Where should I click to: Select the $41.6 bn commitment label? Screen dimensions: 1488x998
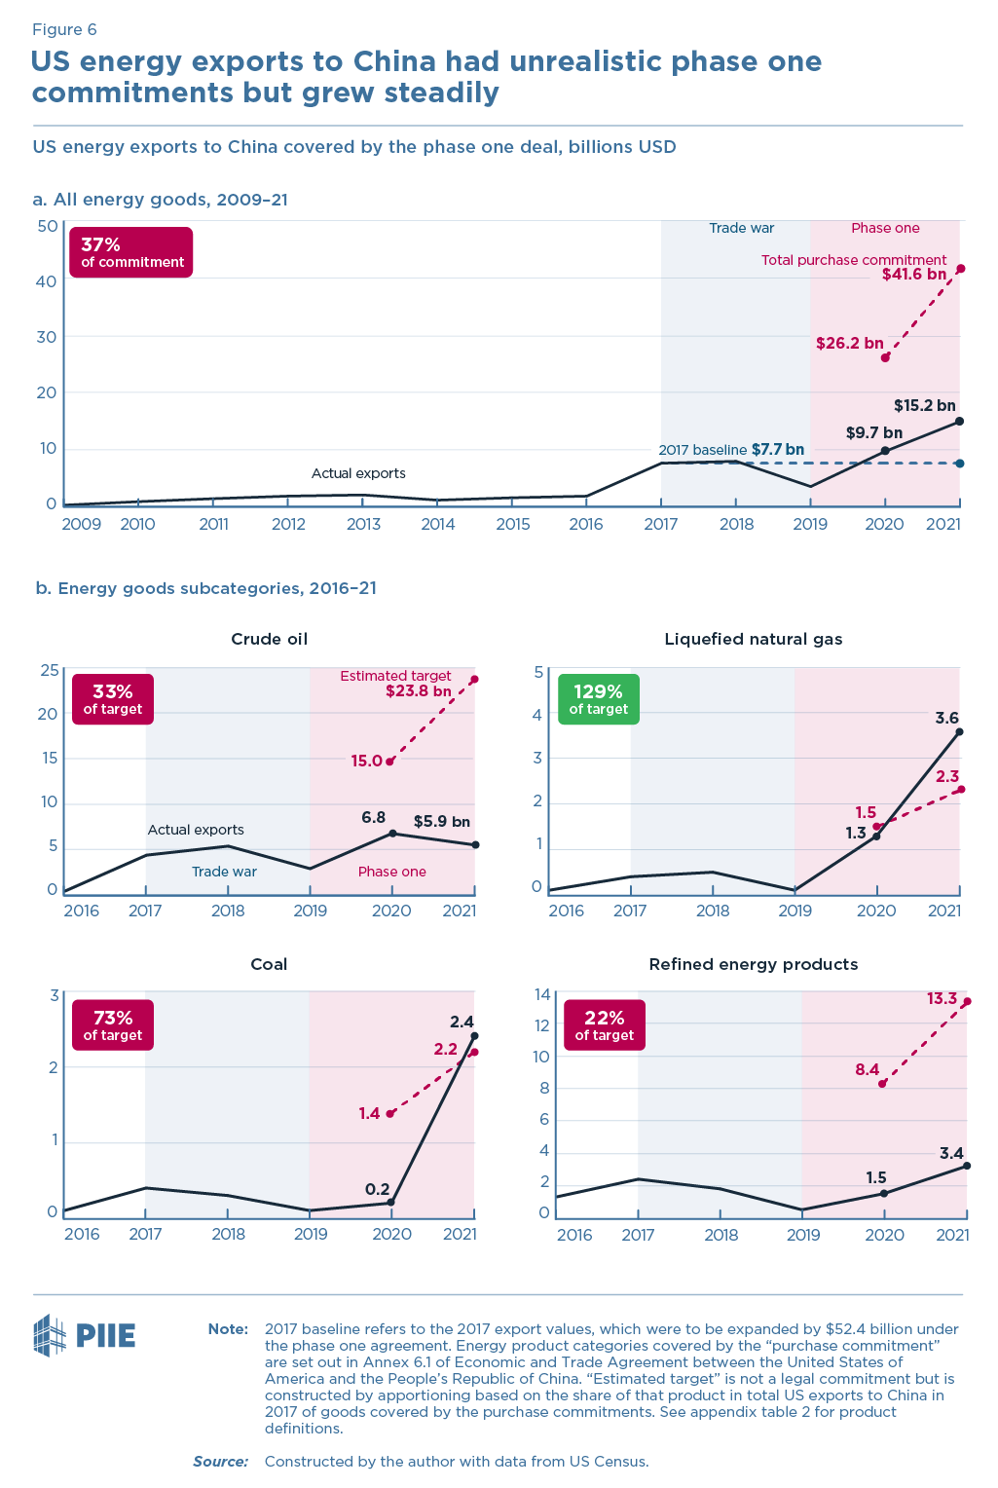click(913, 275)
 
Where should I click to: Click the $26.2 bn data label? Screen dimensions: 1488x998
click(849, 344)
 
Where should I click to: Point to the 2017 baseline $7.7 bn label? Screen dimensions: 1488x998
click(731, 450)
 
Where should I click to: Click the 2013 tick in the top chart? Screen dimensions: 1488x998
click(363, 525)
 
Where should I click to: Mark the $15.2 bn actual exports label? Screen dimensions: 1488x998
click(924, 406)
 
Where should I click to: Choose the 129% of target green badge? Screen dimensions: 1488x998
click(598, 699)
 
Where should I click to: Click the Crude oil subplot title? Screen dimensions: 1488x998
click(269, 640)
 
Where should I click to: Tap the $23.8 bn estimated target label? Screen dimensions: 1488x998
click(418, 692)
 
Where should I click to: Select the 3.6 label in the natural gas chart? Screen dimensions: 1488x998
click(946, 719)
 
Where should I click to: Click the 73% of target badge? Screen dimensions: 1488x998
click(113, 1025)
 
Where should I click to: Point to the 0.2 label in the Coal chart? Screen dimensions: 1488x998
click(377, 1189)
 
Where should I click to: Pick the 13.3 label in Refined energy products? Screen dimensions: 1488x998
click(942, 999)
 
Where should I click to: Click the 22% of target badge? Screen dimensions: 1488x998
click(604, 1025)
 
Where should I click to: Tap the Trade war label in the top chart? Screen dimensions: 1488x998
click(741, 228)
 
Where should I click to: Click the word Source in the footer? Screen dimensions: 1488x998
click(220, 1462)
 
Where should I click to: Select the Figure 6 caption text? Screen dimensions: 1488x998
click(64, 30)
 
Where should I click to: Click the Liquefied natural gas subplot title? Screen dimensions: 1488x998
click(753, 640)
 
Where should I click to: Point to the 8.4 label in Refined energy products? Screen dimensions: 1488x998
click(867, 1070)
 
